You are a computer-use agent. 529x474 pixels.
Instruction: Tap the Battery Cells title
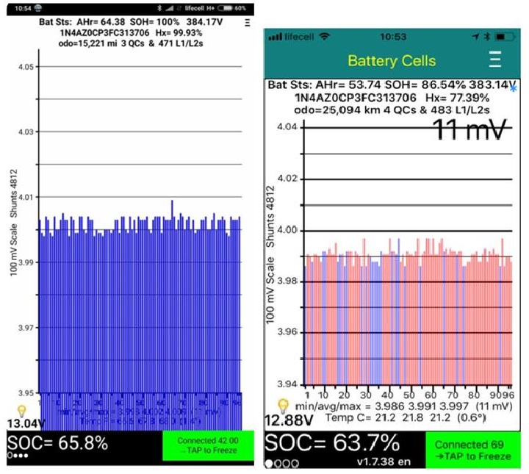tap(392, 60)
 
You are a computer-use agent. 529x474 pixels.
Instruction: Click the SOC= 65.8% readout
tap(58, 444)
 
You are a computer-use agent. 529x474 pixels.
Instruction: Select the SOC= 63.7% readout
tap(333, 443)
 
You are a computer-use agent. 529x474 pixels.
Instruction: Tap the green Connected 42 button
tap(208, 445)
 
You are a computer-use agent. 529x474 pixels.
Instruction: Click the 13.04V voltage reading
tap(25, 423)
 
